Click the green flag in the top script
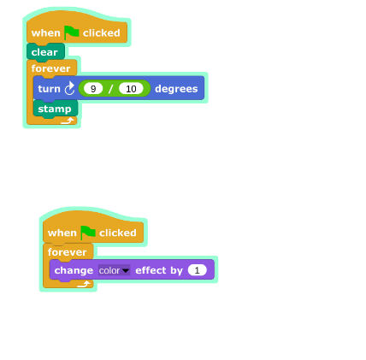[x=72, y=32]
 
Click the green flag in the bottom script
[x=88, y=233]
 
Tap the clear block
[x=45, y=52]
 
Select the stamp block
[x=56, y=109]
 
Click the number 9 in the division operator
[x=93, y=89]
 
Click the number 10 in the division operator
[x=131, y=89]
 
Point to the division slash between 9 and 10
[x=110, y=89]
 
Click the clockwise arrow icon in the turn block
[x=69, y=88]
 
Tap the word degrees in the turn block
[x=176, y=89]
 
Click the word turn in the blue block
[x=49, y=89]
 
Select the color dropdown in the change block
[x=114, y=270]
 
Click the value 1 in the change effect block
[x=197, y=270]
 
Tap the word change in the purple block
[x=74, y=270]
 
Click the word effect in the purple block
[x=151, y=270]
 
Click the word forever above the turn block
[x=50, y=68]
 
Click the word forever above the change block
[x=67, y=252]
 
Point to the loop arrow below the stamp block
[x=68, y=121]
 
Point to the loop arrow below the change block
[x=84, y=284]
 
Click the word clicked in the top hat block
[x=102, y=32]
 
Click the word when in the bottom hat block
[x=62, y=233]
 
